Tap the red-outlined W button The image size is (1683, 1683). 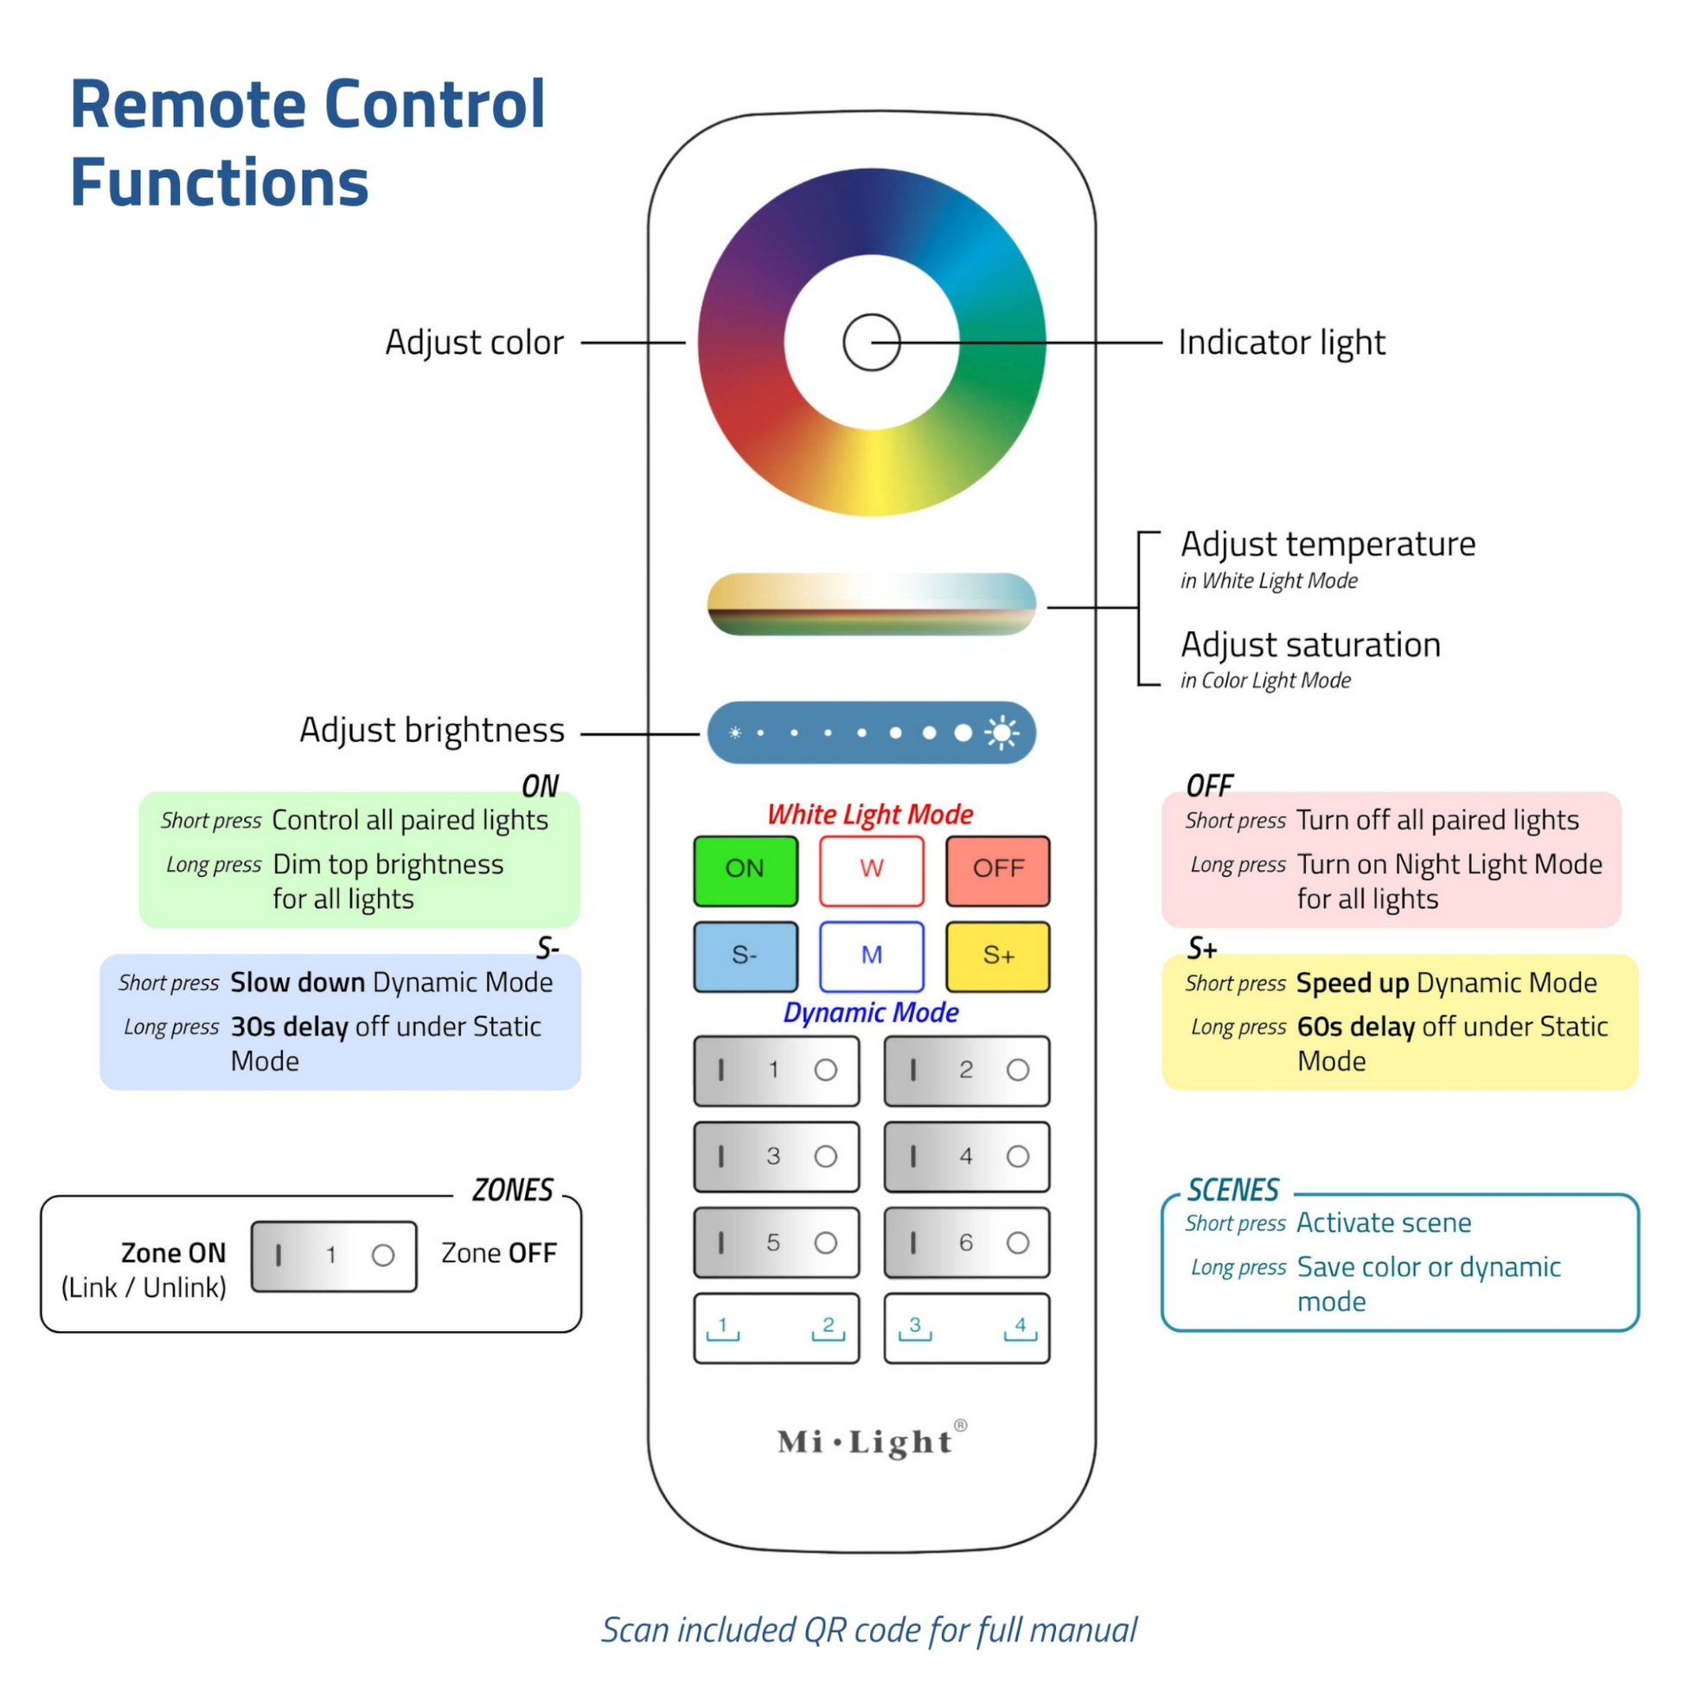coord(871,870)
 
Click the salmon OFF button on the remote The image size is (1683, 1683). coord(997,870)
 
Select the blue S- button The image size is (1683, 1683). coord(746,957)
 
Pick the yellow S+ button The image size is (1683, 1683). coord(997,957)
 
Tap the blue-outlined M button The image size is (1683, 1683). coord(871,957)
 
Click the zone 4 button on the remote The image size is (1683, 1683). coord(966,1157)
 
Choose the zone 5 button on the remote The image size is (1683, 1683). coord(776,1242)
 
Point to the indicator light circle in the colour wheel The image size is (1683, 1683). coord(871,342)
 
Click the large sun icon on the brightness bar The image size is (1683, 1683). coord(1001,733)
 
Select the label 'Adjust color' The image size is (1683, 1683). coord(475,342)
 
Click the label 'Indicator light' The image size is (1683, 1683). coord(1282,342)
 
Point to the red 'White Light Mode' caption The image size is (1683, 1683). coord(870,815)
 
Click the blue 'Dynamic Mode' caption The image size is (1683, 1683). coord(870,1012)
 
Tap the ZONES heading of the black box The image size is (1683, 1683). coord(512,1190)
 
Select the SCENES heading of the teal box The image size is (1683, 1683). coord(1232,1190)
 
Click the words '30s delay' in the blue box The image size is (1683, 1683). coord(289,1027)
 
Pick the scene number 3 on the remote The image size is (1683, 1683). coord(915,1326)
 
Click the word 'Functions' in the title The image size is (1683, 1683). coord(220,183)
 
